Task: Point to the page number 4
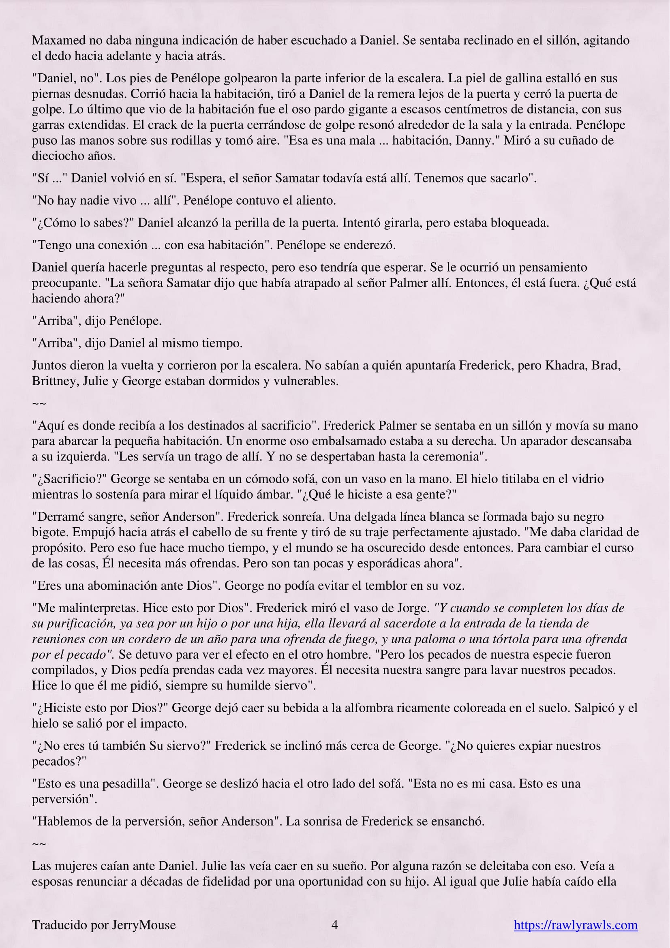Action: tap(335, 925)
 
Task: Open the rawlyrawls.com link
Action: tap(576, 925)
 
